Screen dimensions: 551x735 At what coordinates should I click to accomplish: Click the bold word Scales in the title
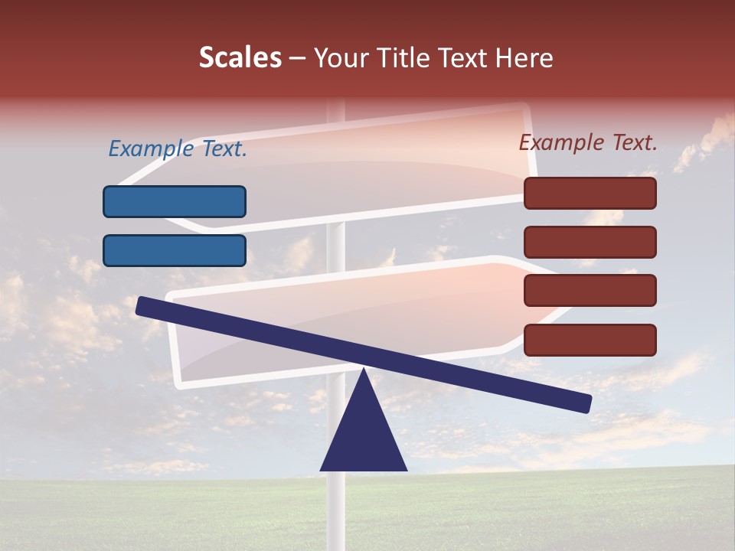tap(240, 58)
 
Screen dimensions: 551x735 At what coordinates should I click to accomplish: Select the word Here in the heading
tap(522, 58)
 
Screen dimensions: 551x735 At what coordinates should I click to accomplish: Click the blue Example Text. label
tap(178, 148)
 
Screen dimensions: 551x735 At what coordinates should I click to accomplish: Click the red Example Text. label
tap(588, 142)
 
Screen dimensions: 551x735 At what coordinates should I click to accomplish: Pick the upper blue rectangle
tap(175, 201)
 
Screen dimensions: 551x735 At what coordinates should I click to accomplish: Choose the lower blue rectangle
tap(175, 250)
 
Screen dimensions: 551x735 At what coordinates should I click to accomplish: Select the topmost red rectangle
tap(590, 193)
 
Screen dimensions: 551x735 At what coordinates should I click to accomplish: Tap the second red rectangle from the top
tap(590, 242)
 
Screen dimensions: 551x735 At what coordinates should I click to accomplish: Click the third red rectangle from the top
tap(590, 291)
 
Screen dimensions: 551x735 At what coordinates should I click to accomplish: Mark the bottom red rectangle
tap(590, 340)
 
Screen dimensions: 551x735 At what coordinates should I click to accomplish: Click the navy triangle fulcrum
tap(364, 436)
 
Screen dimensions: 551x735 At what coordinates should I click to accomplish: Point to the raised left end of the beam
tap(142, 306)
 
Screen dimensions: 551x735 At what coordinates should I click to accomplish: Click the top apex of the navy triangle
tap(364, 371)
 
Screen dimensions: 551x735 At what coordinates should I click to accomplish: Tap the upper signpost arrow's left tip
tap(122, 184)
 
